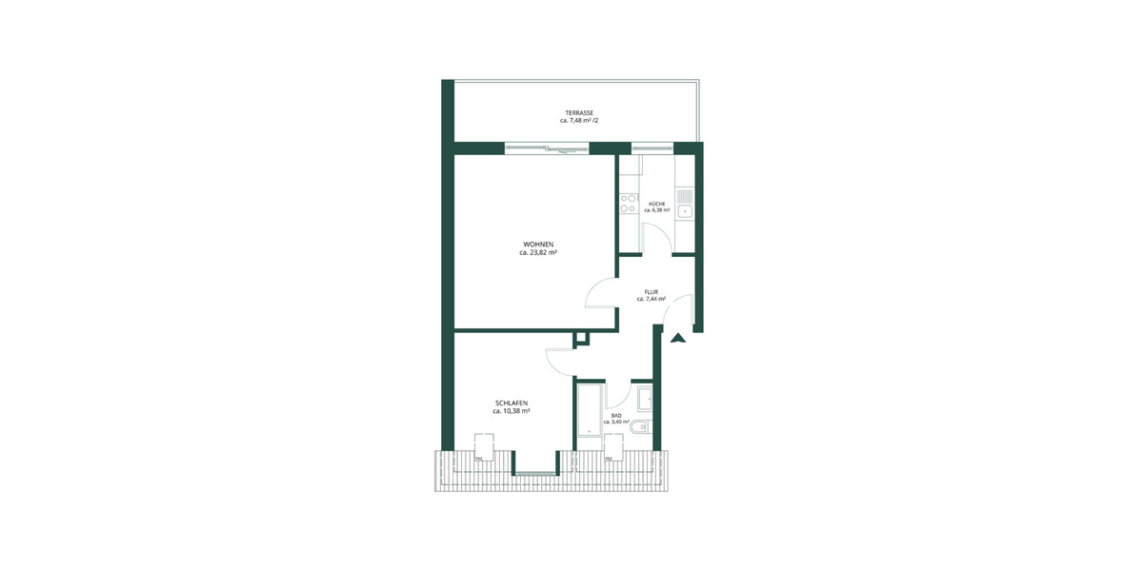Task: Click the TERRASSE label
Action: (x=578, y=113)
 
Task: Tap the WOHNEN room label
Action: (x=538, y=245)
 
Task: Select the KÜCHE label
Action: (x=657, y=205)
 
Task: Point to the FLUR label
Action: (x=652, y=291)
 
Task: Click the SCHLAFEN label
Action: (x=511, y=404)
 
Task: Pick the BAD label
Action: (x=616, y=416)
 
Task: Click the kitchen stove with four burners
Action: (x=629, y=202)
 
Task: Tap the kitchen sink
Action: (x=685, y=203)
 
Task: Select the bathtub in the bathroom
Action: (x=590, y=415)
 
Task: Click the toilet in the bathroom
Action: (x=643, y=428)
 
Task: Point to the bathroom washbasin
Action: (x=644, y=398)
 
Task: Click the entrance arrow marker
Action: (x=677, y=336)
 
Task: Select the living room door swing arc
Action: (x=598, y=291)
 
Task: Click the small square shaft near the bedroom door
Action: (x=580, y=338)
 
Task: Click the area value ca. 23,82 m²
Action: (x=538, y=253)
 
